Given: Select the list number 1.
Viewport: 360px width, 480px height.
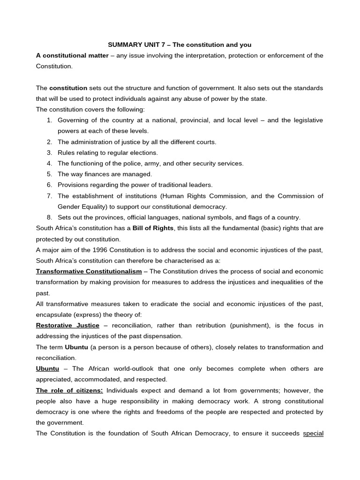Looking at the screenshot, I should click(x=49, y=120).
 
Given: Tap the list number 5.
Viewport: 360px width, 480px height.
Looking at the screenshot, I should click(x=49, y=174).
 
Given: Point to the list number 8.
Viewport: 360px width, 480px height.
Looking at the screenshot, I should click(x=49, y=217).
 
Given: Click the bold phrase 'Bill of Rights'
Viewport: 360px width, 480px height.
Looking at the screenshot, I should click(x=153, y=228).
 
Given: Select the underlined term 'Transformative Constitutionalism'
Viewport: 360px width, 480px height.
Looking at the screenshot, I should click(x=89, y=271).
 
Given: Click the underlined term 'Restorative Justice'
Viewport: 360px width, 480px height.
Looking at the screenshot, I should click(x=67, y=325).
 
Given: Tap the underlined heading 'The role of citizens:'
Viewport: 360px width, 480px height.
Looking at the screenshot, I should click(x=69, y=390).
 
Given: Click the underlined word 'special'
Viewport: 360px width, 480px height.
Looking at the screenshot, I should click(x=313, y=433).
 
